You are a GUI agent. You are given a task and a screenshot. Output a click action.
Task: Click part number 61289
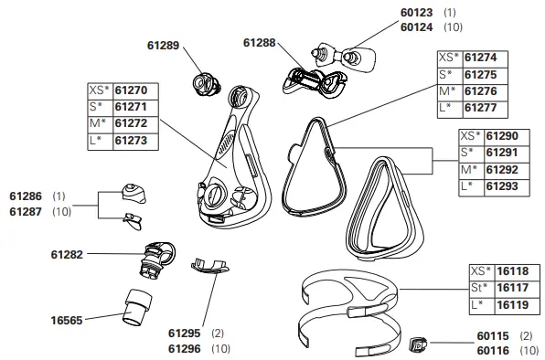(x=165, y=43)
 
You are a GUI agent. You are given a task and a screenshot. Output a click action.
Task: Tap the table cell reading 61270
(x=129, y=90)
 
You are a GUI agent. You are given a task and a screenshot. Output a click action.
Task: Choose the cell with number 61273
(x=129, y=140)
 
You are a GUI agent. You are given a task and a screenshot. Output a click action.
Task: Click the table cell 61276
(x=480, y=90)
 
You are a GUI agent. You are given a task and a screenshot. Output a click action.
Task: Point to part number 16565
(x=67, y=321)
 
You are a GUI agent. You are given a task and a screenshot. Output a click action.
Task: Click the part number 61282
(x=65, y=254)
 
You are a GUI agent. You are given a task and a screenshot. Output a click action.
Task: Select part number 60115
(x=494, y=336)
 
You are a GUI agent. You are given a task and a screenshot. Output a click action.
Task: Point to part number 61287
(x=27, y=211)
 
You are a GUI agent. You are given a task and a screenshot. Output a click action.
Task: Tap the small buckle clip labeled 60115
(x=418, y=344)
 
